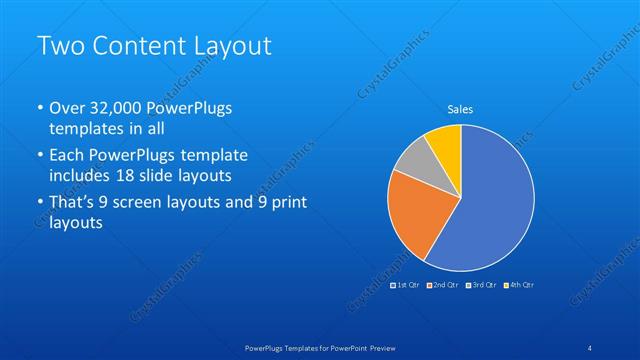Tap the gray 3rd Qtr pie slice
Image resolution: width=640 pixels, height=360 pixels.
tap(413, 160)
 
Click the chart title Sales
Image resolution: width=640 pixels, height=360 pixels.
tap(460, 109)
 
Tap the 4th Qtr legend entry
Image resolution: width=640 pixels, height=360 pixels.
tap(519, 285)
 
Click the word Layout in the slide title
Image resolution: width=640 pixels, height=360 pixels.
tap(234, 46)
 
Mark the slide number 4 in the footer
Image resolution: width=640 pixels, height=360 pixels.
tap(592, 347)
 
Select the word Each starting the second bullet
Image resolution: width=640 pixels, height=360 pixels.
tap(68, 156)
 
